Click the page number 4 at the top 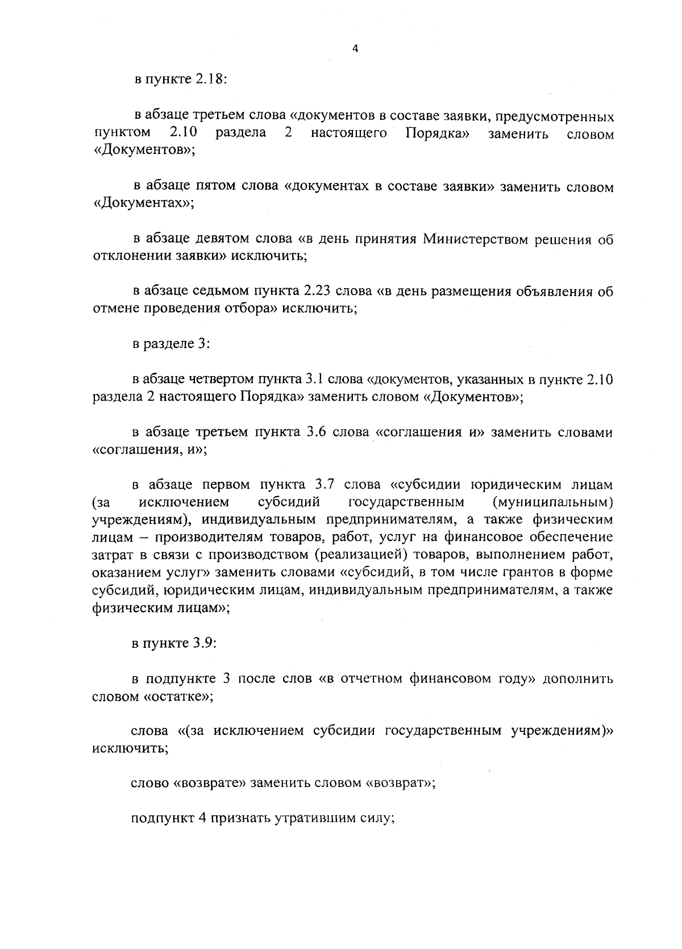coord(355,49)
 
